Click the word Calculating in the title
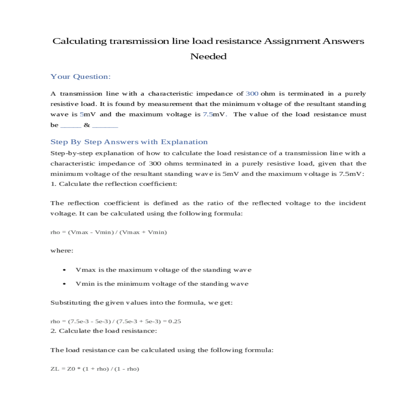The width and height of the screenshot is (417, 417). pos(80,41)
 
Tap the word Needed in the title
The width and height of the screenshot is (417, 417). pos(208,57)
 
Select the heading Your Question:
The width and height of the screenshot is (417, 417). pos(80,77)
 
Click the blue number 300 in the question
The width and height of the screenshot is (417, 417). pos(252,94)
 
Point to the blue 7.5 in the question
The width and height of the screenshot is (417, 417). pos(208,115)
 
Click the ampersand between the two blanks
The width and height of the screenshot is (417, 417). pos(87,125)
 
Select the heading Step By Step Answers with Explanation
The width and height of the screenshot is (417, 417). pos(129,142)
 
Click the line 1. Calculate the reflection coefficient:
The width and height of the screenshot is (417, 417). pos(114,184)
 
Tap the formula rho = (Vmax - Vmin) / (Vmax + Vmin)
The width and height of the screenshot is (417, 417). pos(108,232)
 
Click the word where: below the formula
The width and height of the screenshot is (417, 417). pos(62,251)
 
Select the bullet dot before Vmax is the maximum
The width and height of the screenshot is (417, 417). pos(65,270)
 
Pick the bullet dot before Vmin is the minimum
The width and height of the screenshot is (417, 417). pos(65,284)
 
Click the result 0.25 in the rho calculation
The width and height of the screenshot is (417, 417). pos(174,321)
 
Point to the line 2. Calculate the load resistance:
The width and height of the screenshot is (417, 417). pos(104,331)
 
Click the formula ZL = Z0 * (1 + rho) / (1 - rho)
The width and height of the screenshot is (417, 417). pos(95,369)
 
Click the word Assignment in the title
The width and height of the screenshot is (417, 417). pos(292,41)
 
